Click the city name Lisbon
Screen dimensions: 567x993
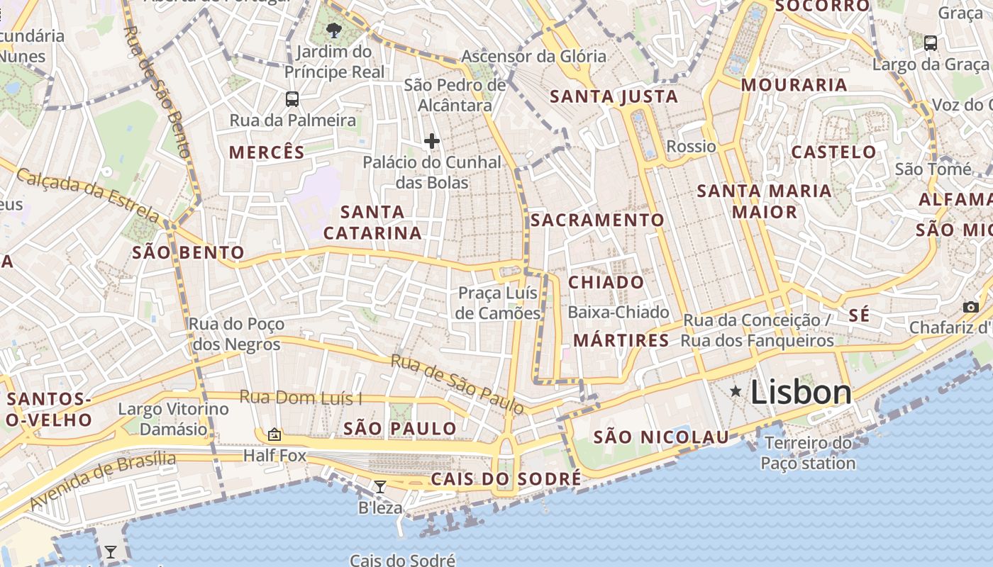(x=801, y=392)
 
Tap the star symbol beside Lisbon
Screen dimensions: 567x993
(x=736, y=391)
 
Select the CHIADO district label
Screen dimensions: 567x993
(x=606, y=282)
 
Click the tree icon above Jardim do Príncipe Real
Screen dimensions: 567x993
(x=333, y=30)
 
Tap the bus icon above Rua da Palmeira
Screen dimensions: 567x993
(x=292, y=99)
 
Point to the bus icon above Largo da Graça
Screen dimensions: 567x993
(x=931, y=43)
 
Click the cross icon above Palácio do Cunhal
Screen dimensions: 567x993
(x=432, y=141)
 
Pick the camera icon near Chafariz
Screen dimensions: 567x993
(x=971, y=307)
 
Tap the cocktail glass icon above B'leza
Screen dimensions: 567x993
(x=380, y=486)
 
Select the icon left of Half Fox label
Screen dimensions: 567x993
(x=274, y=434)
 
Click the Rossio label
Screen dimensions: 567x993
(x=692, y=146)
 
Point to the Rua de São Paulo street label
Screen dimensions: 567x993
(x=457, y=383)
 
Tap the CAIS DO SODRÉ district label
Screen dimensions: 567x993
(x=506, y=479)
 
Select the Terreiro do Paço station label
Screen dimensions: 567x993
(x=808, y=454)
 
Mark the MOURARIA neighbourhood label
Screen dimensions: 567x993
(x=794, y=85)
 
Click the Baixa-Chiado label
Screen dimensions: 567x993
(x=618, y=312)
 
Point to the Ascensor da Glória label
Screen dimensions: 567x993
(x=534, y=56)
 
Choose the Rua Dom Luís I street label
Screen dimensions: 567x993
(x=301, y=398)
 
